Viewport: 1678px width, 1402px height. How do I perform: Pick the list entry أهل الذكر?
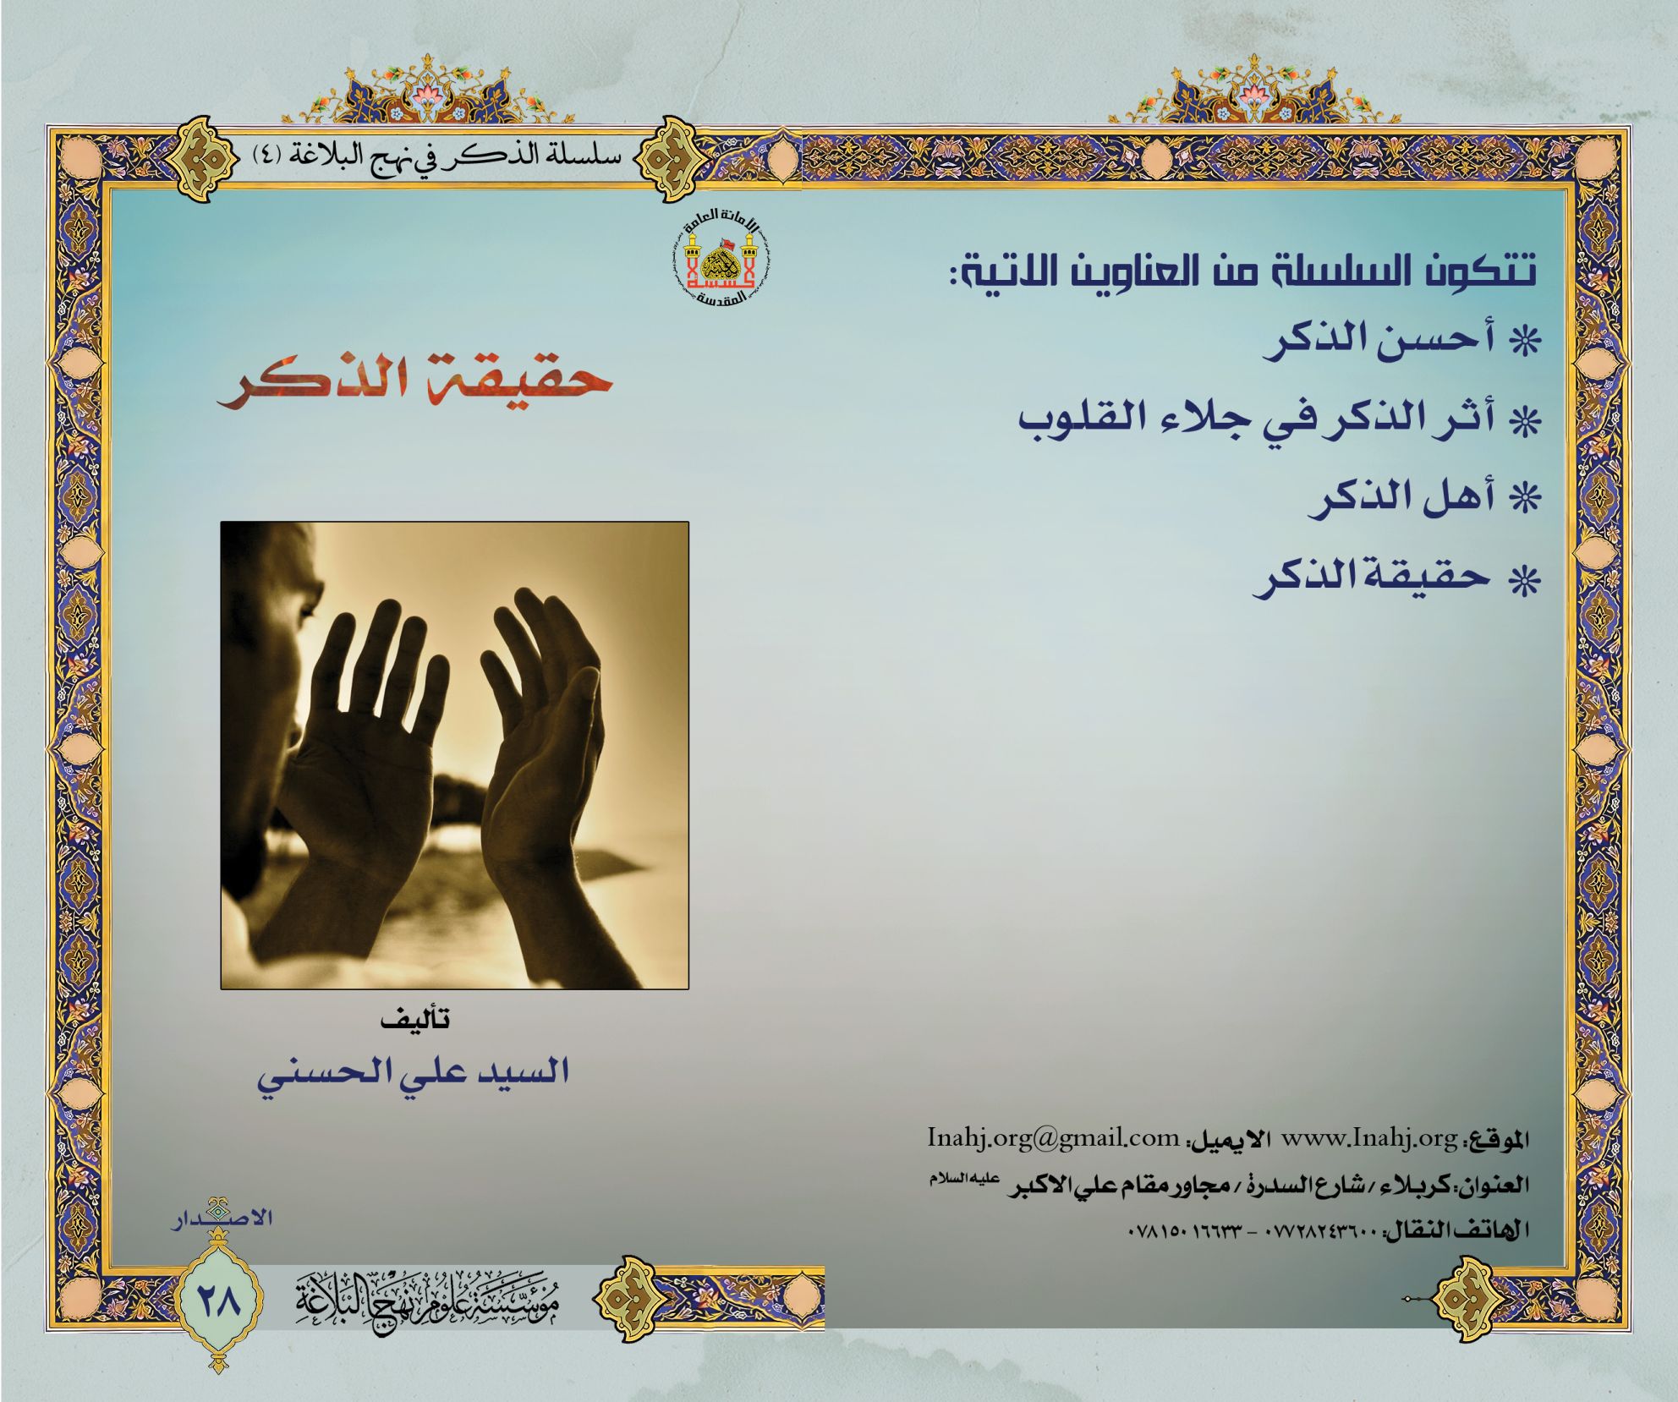tap(1424, 499)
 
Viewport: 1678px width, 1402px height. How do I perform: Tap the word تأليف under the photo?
tap(414, 1019)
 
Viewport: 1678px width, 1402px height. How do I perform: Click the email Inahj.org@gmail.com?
tap(1053, 1138)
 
